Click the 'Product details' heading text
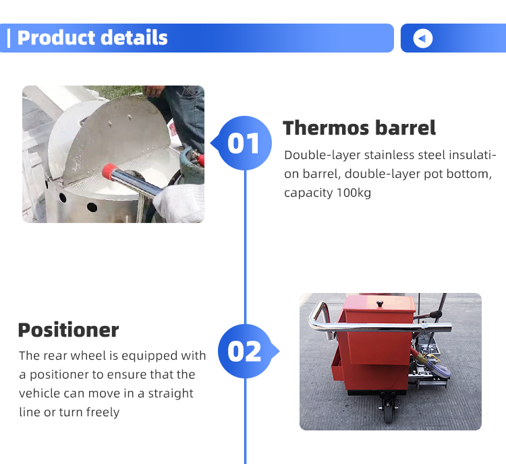[x=92, y=38]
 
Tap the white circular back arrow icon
[x=423, y=38]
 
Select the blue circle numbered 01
[x=244, y=143]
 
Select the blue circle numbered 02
[x=245, y=352]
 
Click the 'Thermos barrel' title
[x=359, y=128]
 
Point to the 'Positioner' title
[x=68, y=330]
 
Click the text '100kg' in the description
[x=354, y=193]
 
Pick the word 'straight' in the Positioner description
[x=171, y=393]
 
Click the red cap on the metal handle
[x=110, y=171]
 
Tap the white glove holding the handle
[x=179, y=203]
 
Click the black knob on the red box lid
[x=380, y=304]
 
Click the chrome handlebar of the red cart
[x=378, y=327]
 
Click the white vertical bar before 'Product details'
[x=9, y=38]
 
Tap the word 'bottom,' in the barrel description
[x=469, y=174]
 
